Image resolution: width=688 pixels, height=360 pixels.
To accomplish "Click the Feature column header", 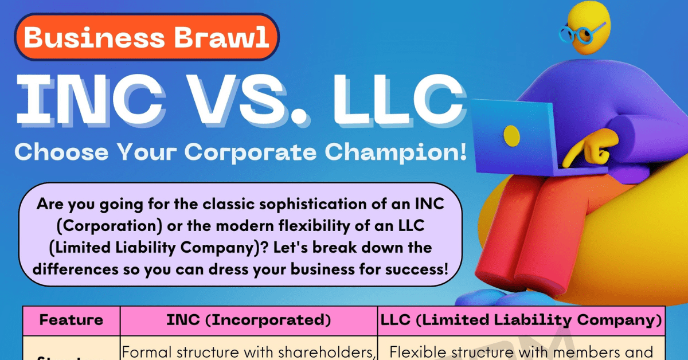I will coord(71,320).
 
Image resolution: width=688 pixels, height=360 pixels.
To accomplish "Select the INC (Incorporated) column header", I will coord(248,320).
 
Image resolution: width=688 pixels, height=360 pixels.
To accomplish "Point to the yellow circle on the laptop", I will coord(511,135).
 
